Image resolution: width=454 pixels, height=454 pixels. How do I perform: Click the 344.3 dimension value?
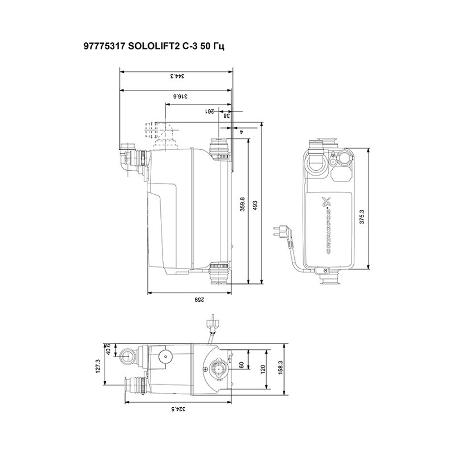177,76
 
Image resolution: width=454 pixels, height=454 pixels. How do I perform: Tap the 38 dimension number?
226,116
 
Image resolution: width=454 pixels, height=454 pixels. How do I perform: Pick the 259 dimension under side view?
198,300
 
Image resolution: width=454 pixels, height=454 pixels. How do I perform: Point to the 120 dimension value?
263,368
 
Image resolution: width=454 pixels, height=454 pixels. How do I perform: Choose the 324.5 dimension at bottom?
179,409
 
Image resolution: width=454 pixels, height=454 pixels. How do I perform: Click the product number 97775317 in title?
101,47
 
